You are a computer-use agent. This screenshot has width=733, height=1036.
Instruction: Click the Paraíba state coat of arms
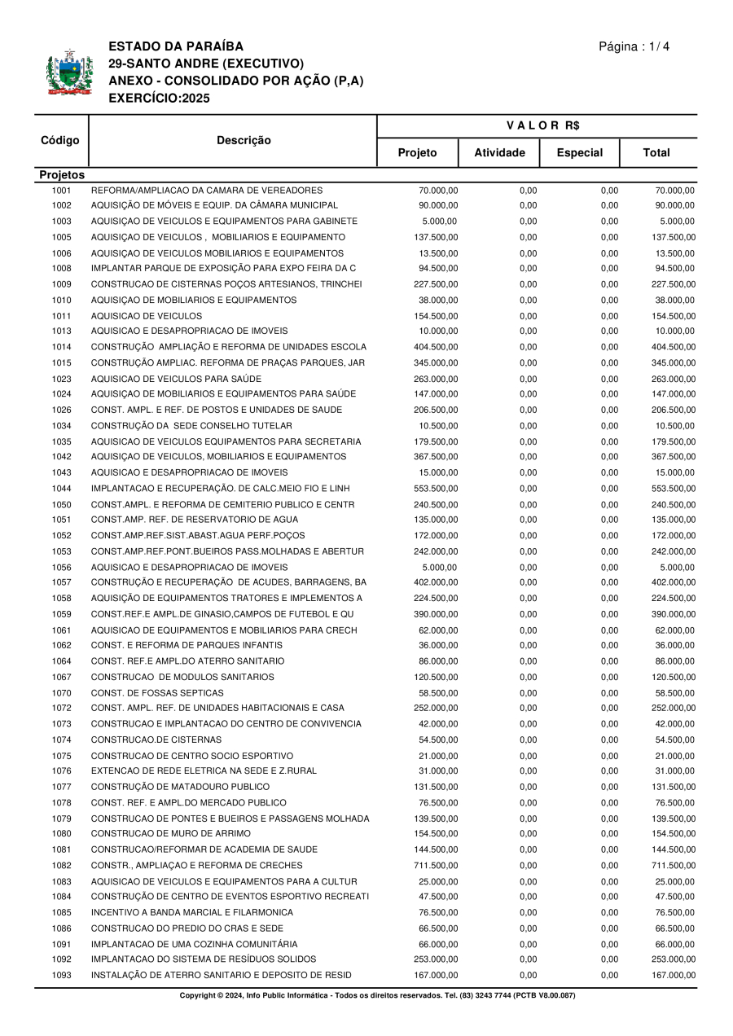click(64, 73)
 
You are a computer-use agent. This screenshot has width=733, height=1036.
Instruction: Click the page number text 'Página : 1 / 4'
click(634, 46)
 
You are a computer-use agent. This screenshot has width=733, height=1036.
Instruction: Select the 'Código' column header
click(60, 140)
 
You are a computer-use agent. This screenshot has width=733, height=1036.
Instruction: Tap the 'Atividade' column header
click(499, 152)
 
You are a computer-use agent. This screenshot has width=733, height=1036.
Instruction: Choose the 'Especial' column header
click(579, 152)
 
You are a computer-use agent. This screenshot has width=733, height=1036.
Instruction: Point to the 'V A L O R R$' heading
click(537, 125)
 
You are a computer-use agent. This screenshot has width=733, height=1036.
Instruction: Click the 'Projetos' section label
click(62, 175)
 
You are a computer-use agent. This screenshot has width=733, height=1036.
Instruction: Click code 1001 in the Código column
click(62, 190)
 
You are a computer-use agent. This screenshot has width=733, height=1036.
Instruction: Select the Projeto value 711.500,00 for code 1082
click(436, 865)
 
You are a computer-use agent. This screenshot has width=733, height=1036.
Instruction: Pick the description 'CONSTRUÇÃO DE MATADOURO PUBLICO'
click(180, 787)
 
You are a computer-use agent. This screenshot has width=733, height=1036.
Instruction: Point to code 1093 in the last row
click(62, 975)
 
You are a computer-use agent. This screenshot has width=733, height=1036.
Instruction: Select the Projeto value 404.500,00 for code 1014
click(436, 347)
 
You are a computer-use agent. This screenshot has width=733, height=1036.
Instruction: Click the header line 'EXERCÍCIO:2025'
click(159, 99)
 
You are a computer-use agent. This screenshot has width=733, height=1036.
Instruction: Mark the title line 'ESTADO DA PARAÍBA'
click(176, 46)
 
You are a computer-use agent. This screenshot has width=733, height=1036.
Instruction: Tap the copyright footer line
click(377, 995)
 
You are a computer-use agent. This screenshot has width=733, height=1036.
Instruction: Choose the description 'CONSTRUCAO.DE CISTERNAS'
click(156, 740)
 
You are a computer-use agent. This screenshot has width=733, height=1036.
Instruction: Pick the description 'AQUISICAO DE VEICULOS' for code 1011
click(147, 315)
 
